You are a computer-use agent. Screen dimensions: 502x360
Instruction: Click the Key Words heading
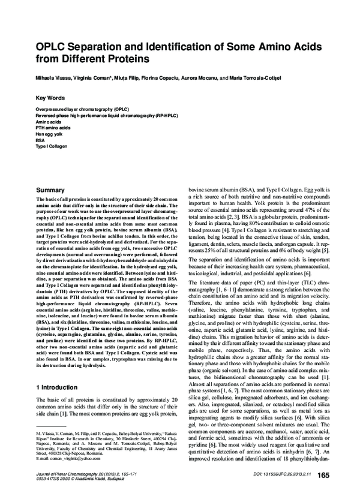tap(50, 98)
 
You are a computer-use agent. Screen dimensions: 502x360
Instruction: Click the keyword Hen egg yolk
tap(49, 134)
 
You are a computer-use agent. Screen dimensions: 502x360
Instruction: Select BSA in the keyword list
tap(41, 140)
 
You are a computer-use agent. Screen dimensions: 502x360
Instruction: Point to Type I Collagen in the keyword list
tap(51, 146)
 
